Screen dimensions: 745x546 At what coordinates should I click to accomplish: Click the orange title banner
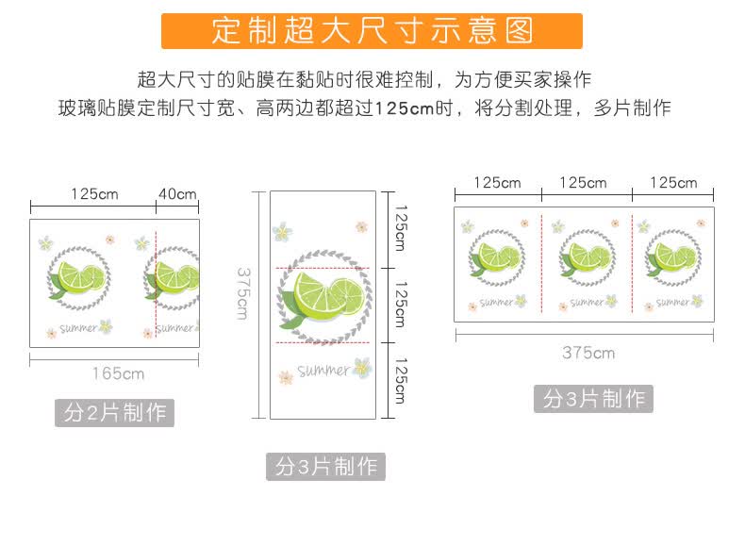pos(372,31)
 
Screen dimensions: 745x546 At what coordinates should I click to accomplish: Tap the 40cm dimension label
pos(177,194)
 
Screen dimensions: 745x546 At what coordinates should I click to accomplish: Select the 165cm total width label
pos(118,373)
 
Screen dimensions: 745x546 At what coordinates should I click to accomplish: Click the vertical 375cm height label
pos(242,293)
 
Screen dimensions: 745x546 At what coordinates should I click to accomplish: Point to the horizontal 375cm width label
pos(588,353)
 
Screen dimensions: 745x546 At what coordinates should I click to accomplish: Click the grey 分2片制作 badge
pos(114,412)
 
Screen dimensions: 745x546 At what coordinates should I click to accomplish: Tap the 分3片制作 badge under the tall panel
pos(325,466)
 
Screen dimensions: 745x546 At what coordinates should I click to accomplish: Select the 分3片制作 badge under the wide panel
pos(593,398)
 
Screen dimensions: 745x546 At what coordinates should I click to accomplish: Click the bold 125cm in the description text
pos(405,108)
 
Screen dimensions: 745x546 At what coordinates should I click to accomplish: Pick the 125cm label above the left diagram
pos(94,194)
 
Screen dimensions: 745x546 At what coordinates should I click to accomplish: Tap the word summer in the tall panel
pos(323,371)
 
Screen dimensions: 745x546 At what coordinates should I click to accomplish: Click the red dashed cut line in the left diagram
pos(156,284)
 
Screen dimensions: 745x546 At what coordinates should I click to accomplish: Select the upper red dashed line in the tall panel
pos(323,269)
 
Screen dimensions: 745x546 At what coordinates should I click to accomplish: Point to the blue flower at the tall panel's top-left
pos(282,232)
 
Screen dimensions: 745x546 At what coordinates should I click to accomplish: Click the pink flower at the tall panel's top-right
pos(361,226)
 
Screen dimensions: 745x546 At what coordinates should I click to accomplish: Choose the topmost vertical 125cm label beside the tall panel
pos(402,228)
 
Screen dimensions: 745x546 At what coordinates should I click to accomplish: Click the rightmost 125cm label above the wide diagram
pos(673,183)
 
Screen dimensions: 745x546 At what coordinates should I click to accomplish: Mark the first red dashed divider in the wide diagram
pos(541,263)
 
